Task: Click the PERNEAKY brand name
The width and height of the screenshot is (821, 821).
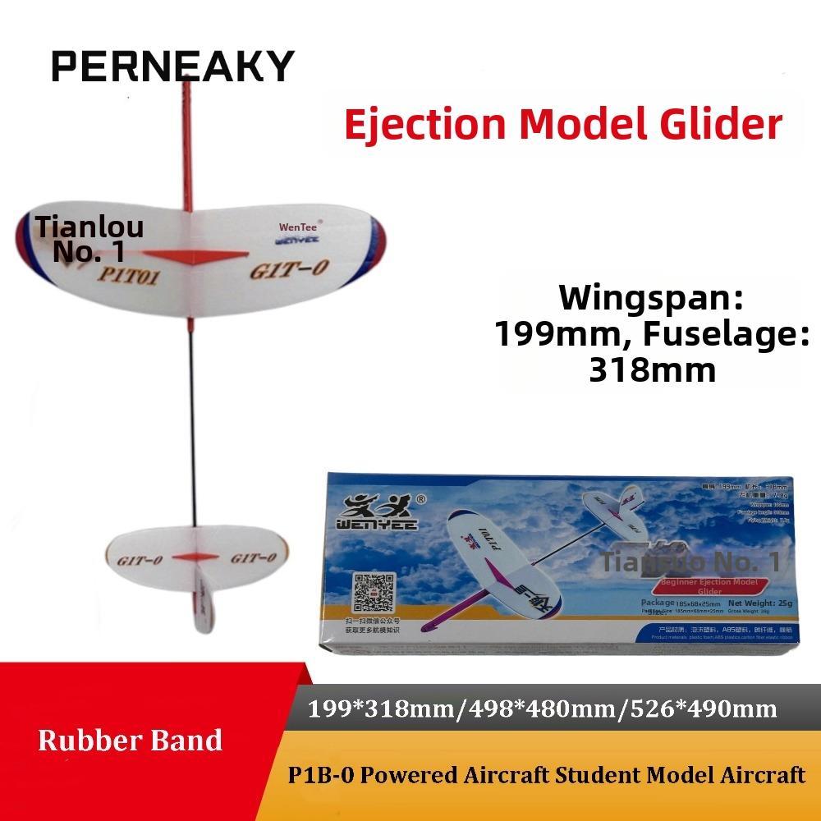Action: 172,66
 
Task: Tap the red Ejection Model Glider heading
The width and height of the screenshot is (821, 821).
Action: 562,124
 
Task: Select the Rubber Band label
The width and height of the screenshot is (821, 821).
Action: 130,741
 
